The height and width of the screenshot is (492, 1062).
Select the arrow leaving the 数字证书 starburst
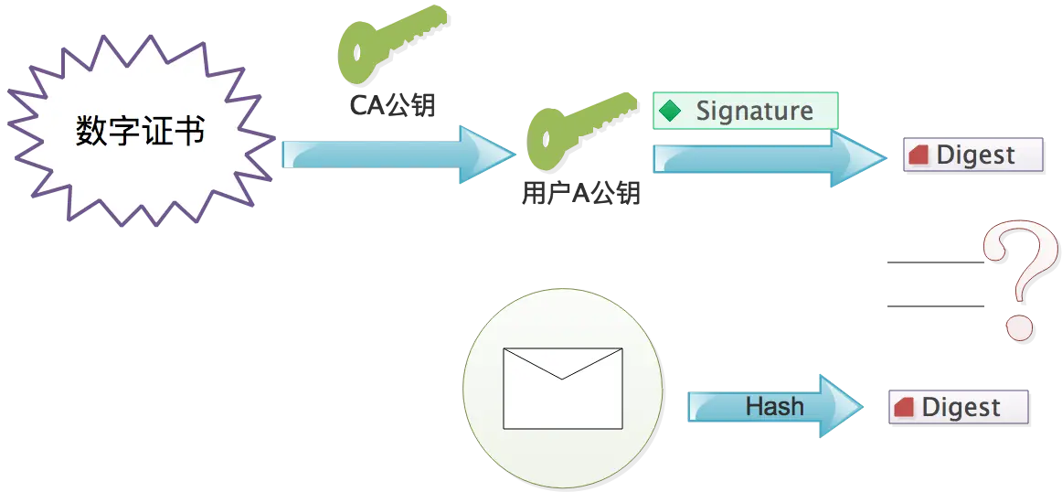point(393,153)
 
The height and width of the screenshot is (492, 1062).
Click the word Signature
point(754,111)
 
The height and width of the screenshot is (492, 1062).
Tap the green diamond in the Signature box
point(671,112)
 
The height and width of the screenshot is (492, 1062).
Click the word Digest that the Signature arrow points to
point(975,155)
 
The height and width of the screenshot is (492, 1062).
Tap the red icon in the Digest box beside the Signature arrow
point(918,156)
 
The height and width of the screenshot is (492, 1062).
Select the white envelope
point(562,388)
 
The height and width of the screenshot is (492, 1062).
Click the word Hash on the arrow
point(774,406)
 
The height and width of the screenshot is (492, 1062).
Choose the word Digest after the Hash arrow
point(961,408)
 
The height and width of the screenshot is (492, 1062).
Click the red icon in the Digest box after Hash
point(904,408)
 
